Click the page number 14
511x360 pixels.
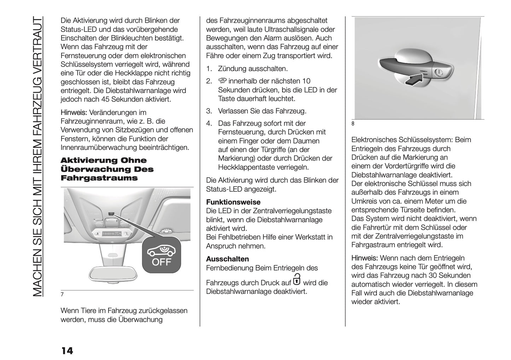67,350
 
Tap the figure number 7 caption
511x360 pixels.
62,295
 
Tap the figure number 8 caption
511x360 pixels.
353,123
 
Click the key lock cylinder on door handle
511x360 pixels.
439,72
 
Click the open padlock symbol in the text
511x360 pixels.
297,279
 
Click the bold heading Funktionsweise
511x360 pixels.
233,202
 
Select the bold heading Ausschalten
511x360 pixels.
227,259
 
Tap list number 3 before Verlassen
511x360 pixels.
209,111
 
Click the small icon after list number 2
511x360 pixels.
222,81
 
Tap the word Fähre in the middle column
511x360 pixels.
215,56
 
